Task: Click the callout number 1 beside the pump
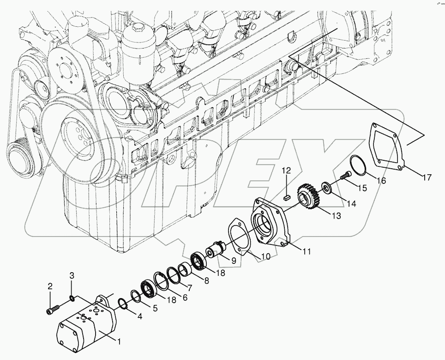point(119,342)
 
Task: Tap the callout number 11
point(307,252)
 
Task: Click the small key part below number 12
point(286,196)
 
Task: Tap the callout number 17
point(426,177)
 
